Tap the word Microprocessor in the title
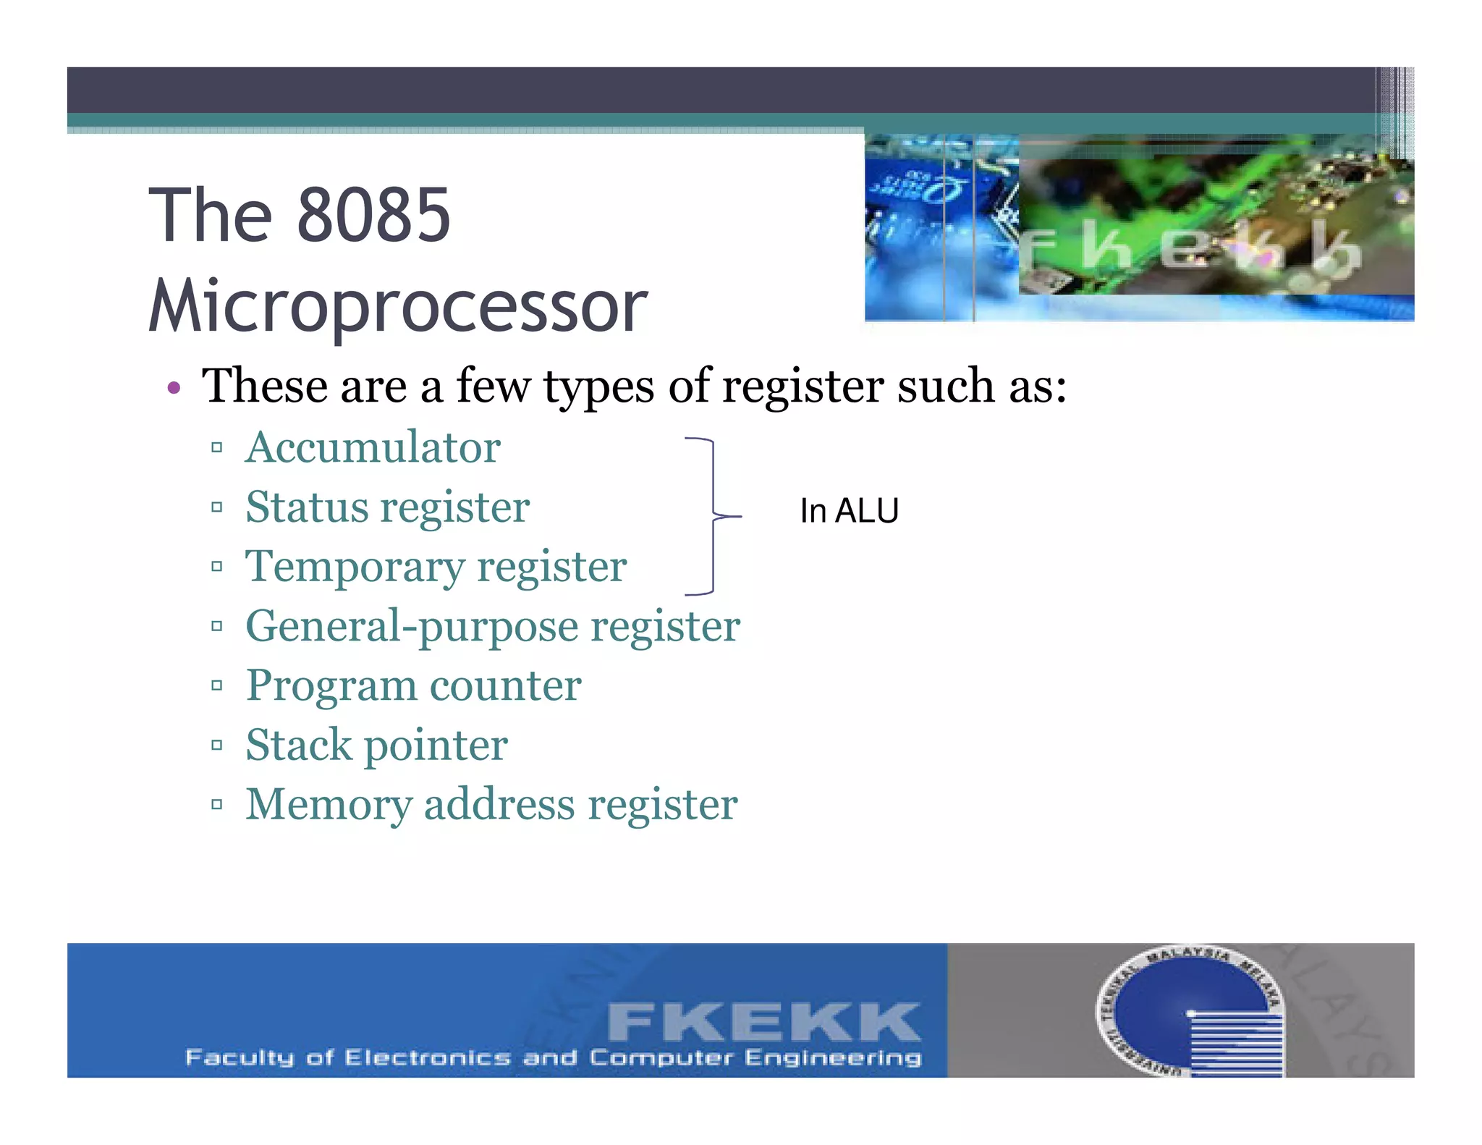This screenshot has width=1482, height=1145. click(397, 306)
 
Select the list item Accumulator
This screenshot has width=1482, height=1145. click(373, 447)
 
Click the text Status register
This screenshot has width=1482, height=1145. click(387, 507)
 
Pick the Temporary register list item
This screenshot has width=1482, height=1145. click(436, 566)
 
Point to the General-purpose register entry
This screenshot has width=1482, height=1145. click(492, 626)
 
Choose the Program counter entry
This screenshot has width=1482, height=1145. click(413, 685)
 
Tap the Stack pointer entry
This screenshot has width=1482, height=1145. click(376, 745)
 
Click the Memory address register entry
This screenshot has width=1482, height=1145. click(491, 804)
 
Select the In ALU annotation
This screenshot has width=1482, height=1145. click(849, 511)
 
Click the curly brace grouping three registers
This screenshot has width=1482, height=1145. click(712, 516)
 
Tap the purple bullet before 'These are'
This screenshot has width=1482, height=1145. click(173, 388)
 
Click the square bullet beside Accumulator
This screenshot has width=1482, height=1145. click(216, 448)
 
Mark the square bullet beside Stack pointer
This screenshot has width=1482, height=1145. click(216, 745)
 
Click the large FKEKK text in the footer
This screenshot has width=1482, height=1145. click(763, 1022)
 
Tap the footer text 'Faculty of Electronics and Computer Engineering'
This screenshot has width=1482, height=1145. click(554, 1058)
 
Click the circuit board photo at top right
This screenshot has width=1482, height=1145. click(1139, 227)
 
